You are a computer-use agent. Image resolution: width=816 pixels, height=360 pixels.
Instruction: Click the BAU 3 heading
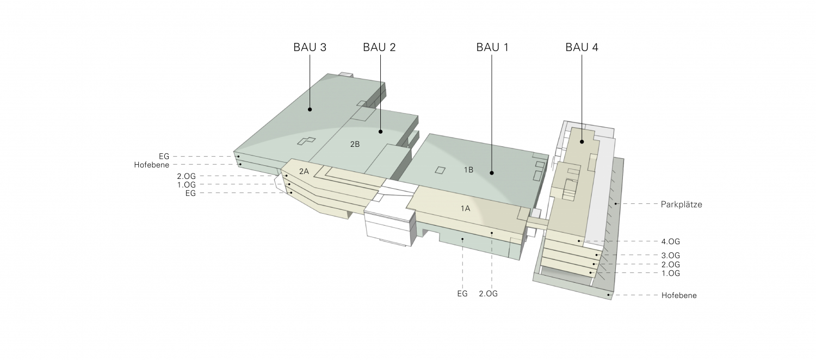tap(310, 47)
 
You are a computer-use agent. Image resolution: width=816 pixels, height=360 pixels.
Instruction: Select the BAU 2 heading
tap(379, 47)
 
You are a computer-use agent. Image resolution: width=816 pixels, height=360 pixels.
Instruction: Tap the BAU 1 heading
tap(492, 47)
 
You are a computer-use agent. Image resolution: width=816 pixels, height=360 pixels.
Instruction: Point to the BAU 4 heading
tap(582, 47)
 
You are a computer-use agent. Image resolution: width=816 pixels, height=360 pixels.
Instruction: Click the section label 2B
tap(355, 145)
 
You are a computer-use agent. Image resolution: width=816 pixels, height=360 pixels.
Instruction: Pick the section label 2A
tap(304, 171)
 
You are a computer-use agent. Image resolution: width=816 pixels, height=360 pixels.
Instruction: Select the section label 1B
tap(468, 170)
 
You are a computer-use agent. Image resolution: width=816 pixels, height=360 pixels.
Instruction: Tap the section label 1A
tap(465, 208)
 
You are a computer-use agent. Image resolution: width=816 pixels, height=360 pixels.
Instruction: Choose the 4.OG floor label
tap(671, 242)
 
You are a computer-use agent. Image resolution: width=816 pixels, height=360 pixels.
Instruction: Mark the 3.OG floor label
tap(671, 256)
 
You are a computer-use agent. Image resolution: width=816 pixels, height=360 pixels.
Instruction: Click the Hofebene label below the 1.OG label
tap(679, 296)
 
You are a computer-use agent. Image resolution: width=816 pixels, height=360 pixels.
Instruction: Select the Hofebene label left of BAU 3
tap(152, 165)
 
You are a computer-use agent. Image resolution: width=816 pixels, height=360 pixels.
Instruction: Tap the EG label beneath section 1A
tap(462, 294)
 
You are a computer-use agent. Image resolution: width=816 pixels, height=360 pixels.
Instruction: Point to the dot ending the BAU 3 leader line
tap(310, 109)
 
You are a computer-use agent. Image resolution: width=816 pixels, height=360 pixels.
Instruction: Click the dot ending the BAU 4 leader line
tap(582, 141)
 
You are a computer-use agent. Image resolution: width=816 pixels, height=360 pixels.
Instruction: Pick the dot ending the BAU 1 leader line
tap(492, 173)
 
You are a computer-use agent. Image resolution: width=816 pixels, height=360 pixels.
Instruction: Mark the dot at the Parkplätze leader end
tap(616, 204)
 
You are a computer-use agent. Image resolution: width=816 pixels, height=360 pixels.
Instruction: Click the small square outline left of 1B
tap(440, 170)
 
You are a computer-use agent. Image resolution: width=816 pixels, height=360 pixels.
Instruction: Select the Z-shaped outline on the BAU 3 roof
tap(307, 141)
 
